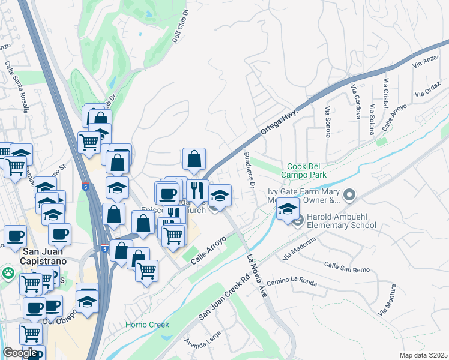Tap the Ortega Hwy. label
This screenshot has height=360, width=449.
tap(279, 121)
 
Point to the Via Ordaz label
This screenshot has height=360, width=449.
tap(427, 92)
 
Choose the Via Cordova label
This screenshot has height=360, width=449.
tap(355, 101)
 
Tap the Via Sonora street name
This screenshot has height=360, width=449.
tap(328, 122)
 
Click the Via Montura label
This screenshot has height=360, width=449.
tap(387, 304)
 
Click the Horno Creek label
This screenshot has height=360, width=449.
tap(147, 325)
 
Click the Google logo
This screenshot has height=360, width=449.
tap(20, 353)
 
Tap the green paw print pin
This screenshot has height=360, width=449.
tap(8, 274)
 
